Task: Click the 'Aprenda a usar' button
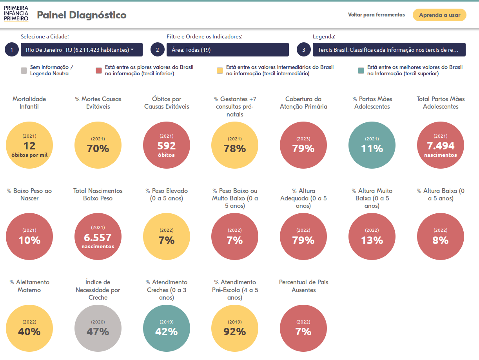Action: (439, 15)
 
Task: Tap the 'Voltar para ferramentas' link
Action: (376, 15)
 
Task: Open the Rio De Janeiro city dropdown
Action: (82, 50)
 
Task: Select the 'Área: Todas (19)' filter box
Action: (227, 50)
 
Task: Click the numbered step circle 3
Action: (303, 50)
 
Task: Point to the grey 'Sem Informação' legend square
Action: (24, 71)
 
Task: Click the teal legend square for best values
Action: (361, 71)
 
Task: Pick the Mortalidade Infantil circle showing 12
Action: (29, 145)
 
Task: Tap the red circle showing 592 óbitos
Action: (167, 145)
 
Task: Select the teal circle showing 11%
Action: (372, 145)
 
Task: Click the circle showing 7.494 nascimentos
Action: (440, 145)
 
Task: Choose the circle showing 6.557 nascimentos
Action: (98, 237)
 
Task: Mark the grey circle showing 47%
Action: (98, 328)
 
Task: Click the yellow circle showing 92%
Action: (235, 328)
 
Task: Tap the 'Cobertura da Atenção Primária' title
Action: (303, 103)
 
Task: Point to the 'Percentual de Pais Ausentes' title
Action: (303, 286)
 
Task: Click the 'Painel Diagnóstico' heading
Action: (82, 15)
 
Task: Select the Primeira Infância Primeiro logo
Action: (16, 14)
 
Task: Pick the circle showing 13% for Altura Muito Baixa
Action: (372, 237)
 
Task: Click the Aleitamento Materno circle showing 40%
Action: (29, 328)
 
